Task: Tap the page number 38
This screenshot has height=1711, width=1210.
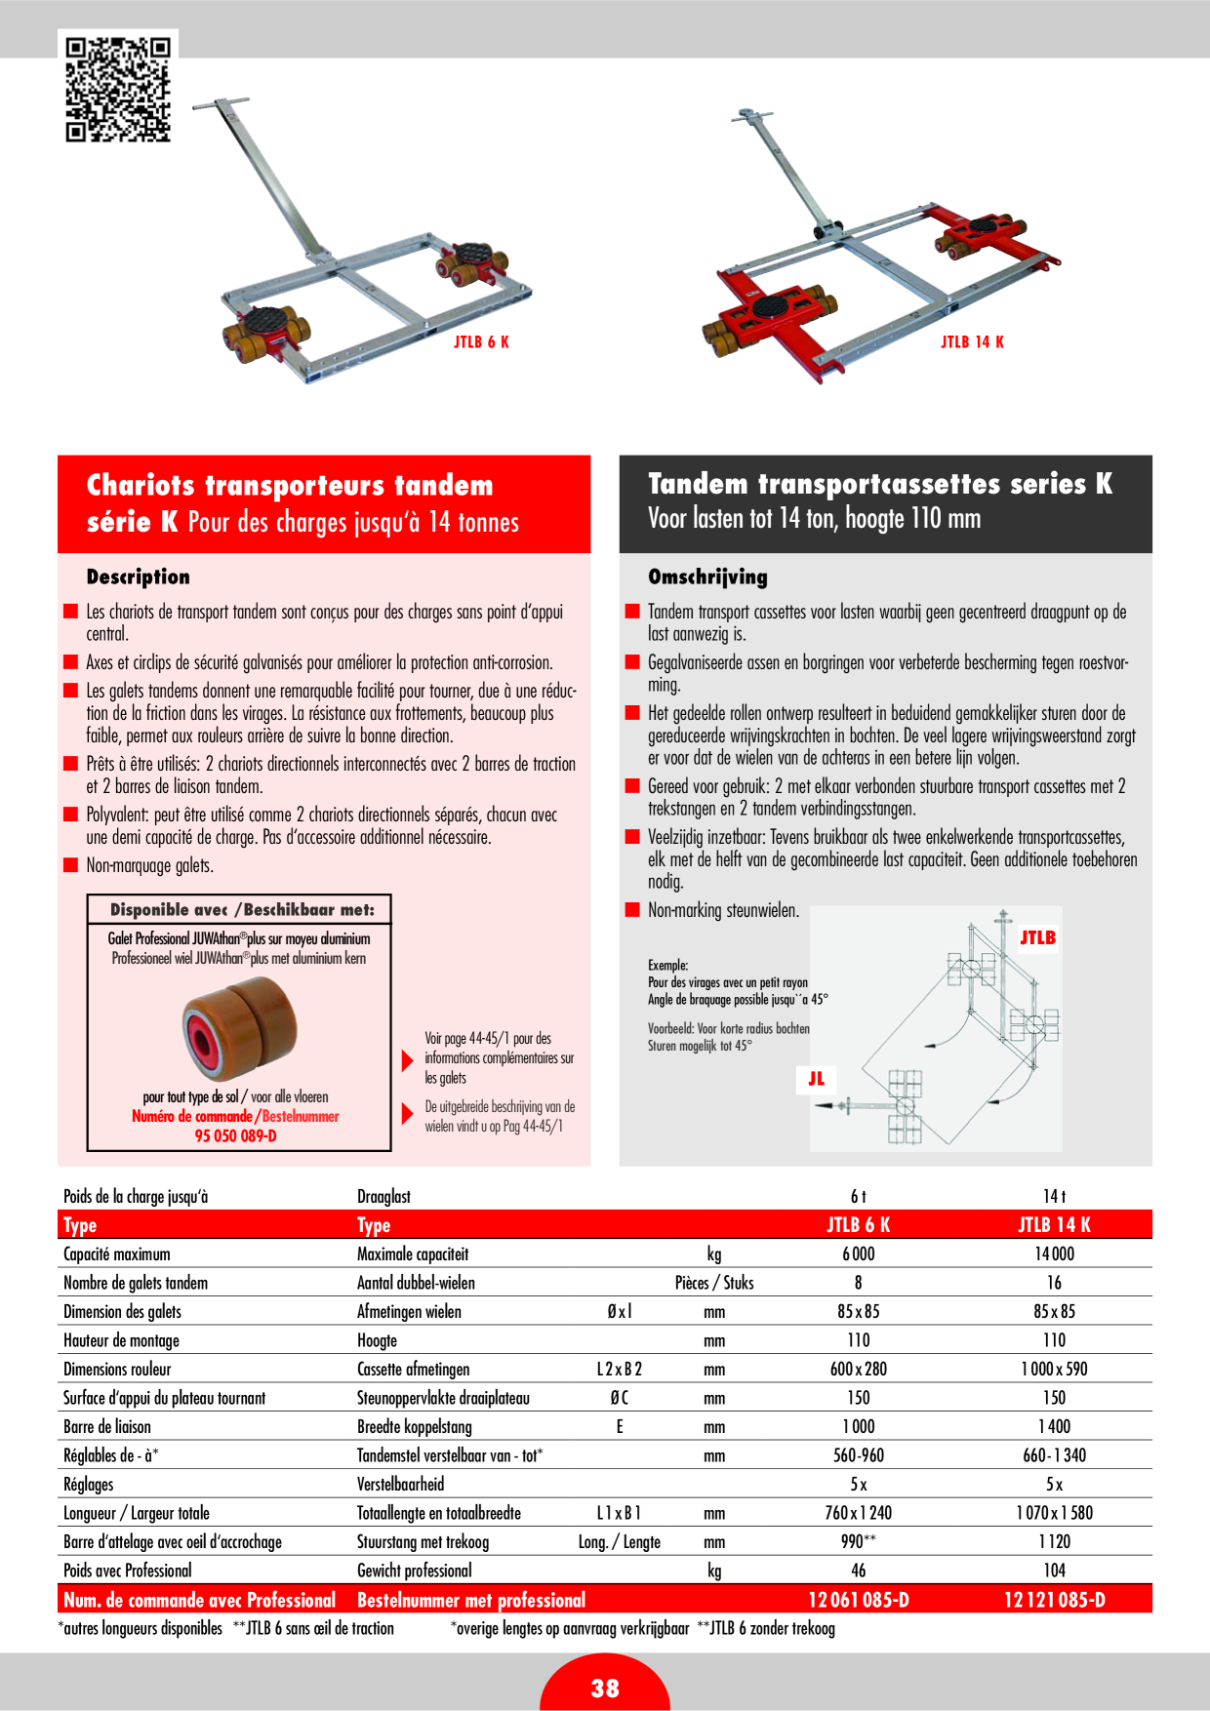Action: tap(605, 1689)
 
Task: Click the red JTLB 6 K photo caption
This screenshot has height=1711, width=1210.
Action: tap(481, 341)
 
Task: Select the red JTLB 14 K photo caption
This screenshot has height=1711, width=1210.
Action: tap(972, 341)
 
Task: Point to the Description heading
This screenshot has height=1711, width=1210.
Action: tap(139, 577)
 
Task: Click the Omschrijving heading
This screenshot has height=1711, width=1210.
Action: tap(707, 577)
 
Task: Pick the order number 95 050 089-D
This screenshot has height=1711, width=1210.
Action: tap(235, 1135)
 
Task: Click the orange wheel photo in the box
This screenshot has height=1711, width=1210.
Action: tap(239, 1026)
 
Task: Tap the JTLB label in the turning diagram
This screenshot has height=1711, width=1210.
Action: tap(1037, 937)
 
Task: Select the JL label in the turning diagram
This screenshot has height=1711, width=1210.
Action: tap(816, 1078)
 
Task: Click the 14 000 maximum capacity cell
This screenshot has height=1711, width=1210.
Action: tap(1054, 1253)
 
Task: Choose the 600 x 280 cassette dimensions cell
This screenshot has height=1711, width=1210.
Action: tap(859, 1369)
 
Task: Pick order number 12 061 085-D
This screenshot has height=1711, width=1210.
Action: tap(859, 1600)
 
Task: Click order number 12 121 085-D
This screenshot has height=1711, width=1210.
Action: tap(1055, 1600)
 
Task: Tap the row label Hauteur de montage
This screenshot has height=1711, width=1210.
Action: tap(121, 1340)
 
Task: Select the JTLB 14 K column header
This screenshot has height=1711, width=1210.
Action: tap(1054, 1225)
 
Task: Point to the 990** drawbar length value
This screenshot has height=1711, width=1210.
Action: tap(859, 1541)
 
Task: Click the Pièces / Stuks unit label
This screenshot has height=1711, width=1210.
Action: tap(714, 1283)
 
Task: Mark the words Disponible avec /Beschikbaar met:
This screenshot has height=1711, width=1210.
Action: tap(242, 910)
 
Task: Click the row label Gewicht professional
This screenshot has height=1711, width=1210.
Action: tap(414, 1571)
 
